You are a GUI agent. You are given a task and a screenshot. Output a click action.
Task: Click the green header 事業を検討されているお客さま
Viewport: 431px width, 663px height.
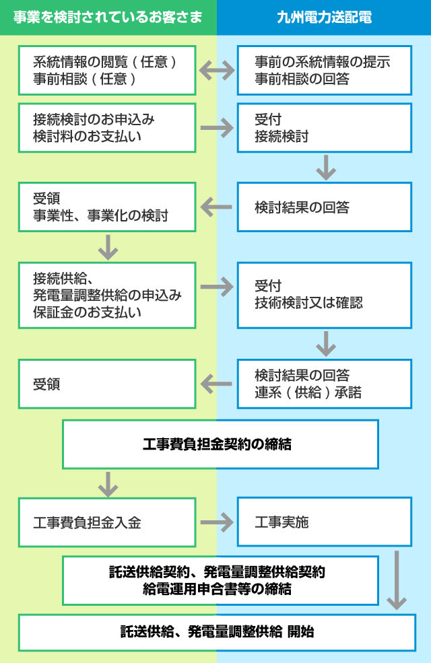(108, 17)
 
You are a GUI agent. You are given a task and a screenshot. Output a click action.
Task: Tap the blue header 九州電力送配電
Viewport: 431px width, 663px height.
(324, 17)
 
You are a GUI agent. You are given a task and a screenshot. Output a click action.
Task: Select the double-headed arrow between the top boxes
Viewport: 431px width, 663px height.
(216, 70)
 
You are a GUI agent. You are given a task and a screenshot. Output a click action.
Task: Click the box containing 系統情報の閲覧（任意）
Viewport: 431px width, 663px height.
(107, 70)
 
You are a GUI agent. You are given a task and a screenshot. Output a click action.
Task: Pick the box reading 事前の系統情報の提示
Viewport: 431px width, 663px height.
(324, 70)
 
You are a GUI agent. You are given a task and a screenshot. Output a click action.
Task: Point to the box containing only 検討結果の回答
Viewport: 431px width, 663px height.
(324, 207)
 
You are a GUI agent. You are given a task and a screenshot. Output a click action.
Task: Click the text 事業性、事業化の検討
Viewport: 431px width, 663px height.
(100, 216)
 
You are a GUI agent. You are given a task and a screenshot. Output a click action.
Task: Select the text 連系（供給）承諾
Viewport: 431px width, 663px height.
(308, 392)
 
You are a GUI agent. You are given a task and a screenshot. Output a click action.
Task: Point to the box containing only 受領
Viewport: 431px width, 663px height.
(107, 384)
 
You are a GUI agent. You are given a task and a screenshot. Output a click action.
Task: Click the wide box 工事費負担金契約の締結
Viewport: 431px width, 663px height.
(220, 444)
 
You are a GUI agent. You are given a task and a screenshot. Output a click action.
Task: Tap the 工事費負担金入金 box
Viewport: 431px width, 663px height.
(107, 522)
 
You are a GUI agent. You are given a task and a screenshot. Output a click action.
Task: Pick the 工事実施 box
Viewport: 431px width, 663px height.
(324, 522)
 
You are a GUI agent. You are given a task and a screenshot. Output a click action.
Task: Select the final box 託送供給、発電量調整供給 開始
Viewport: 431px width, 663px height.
(217, 632)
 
